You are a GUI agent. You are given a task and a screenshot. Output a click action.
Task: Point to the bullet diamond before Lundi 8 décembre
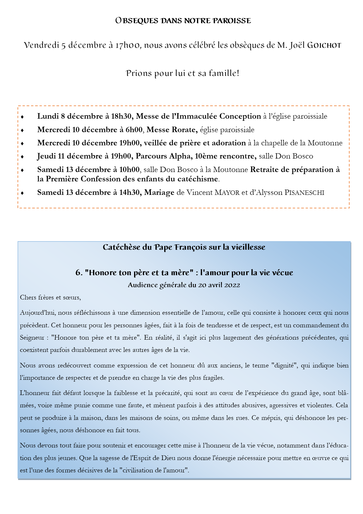(22, 117)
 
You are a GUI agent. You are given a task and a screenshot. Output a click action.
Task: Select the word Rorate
(184, 130)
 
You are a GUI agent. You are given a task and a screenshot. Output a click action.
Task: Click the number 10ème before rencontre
(205, 156)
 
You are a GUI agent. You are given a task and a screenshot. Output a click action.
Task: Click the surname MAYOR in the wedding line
(227, 193)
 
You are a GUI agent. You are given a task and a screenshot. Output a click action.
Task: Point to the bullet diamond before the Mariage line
(22, 193)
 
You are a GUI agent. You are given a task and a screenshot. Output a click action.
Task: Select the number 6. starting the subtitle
(79, 273)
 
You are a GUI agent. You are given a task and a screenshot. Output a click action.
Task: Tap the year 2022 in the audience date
(232, 285)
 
